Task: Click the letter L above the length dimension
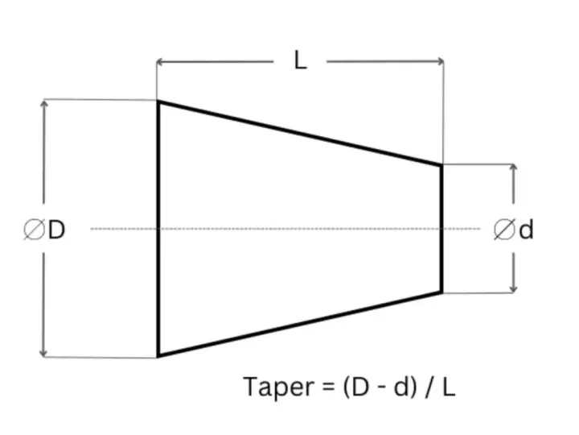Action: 301,60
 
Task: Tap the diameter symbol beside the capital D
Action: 35,230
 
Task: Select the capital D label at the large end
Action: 56,230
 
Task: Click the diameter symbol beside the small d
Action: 504,230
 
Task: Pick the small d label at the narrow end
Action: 526,230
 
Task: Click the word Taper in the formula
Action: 279,387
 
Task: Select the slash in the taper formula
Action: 429,387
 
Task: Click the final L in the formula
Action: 449,387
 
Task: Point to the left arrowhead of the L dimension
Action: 159,62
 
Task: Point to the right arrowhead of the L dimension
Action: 441,61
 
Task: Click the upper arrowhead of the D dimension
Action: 44,103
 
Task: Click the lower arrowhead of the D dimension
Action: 43,354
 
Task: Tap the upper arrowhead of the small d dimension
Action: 513,168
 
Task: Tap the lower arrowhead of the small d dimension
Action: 513,289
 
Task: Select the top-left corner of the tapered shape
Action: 158,101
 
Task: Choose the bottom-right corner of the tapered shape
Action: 442,292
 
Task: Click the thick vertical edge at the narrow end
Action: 441,229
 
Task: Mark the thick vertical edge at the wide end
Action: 158,229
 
